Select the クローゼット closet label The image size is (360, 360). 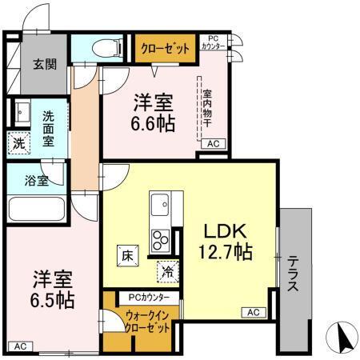point(166,49)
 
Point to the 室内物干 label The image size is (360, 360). point(206,107)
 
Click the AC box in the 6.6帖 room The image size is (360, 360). point(213,144)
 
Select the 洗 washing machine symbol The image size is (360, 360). point(18,143)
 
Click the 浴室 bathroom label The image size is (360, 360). point(35,180)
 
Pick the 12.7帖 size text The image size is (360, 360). point(226,253)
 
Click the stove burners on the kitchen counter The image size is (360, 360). point(159,238)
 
